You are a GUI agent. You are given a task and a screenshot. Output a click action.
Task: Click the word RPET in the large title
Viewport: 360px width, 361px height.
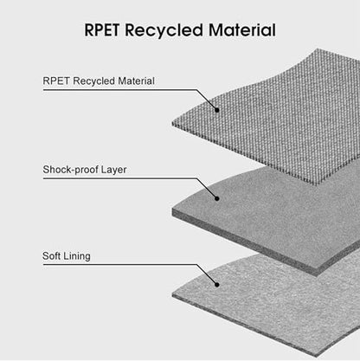(102, 30)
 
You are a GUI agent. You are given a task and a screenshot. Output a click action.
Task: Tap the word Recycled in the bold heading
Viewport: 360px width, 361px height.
(164, 30)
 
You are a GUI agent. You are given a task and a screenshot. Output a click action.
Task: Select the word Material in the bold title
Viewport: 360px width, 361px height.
(241, 30)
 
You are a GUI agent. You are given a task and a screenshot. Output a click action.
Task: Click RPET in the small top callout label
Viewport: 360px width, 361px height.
(56, 81)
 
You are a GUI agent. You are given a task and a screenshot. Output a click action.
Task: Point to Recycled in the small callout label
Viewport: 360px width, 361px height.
(93, 81)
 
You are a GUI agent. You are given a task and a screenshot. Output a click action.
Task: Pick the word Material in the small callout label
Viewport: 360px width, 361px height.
(136, 81)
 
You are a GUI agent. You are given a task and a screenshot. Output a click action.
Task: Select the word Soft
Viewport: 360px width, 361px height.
(51, 255)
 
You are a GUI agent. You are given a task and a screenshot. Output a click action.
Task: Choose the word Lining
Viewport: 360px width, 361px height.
(77, 256)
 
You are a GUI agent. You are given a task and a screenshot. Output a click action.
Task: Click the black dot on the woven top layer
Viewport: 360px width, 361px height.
(217, 110)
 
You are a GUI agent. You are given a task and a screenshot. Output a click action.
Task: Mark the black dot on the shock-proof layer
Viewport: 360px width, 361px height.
(217, 198)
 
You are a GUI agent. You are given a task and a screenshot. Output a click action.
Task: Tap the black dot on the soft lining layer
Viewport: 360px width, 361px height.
(217, 285)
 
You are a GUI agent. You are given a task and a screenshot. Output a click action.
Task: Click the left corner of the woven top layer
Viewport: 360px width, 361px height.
(172, 124)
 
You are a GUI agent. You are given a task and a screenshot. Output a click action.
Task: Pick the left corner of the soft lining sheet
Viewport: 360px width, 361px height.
(172, 294)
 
